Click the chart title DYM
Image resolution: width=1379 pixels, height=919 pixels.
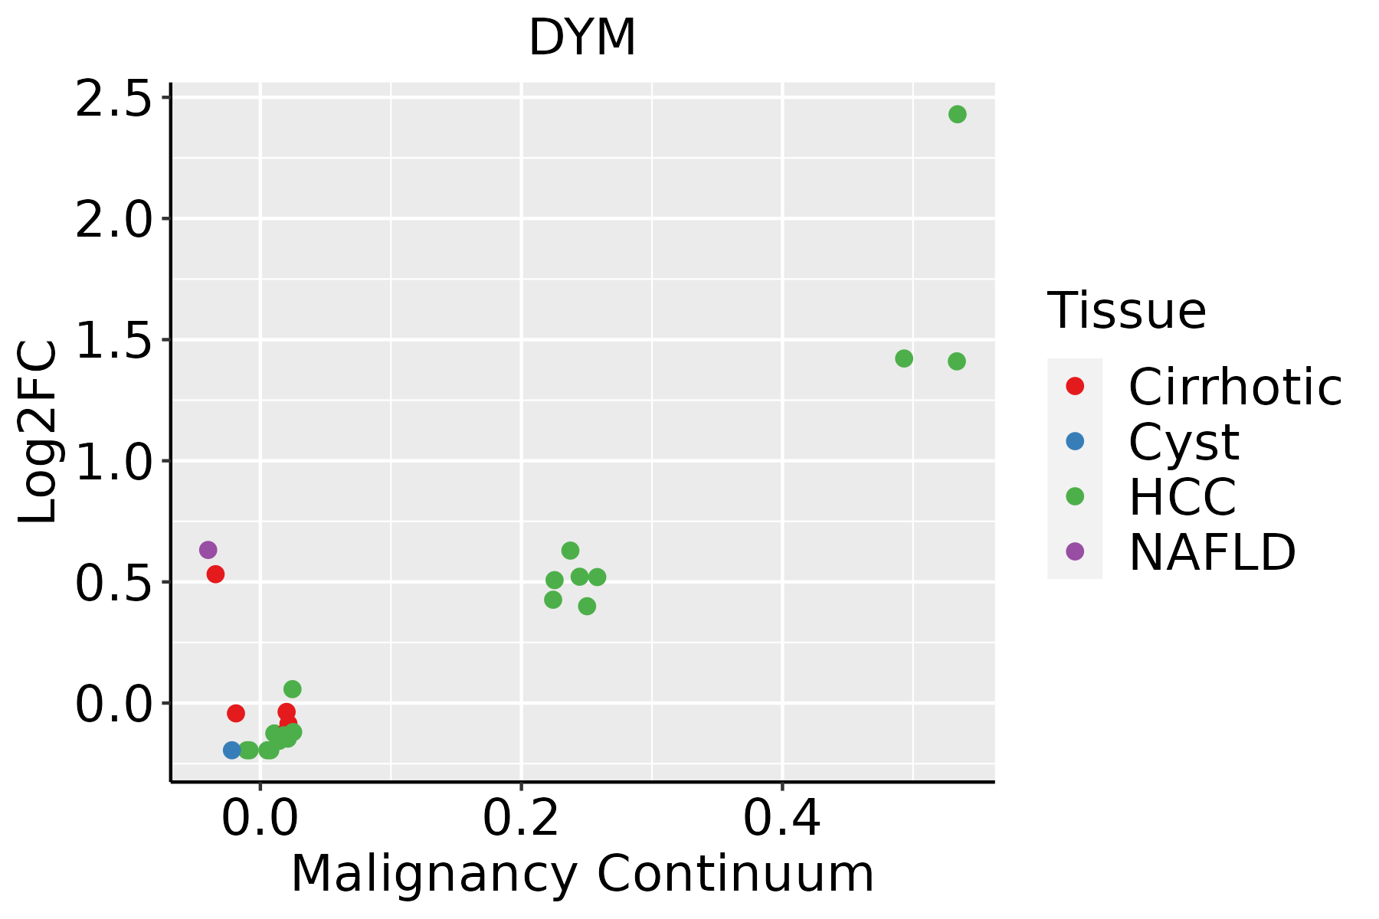[582, 38]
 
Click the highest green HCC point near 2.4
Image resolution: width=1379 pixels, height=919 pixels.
[957, 114]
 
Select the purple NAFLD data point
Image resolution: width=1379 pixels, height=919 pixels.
[208, 550]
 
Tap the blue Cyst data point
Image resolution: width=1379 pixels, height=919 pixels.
[232, 750]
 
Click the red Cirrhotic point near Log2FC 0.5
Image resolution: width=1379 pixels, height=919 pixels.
[215, 574]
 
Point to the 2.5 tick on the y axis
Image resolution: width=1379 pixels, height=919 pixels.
[113, 99]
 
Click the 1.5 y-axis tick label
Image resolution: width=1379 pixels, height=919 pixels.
[113, 340]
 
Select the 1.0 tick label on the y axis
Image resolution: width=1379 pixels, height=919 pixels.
[113, 461]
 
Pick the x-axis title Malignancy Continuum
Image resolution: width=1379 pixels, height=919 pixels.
[582, 875]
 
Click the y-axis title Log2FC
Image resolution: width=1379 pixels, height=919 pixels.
[38, 432]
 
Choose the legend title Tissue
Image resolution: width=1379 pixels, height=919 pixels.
[1127, 311]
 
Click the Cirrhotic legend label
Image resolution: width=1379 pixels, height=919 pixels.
[1235, 387]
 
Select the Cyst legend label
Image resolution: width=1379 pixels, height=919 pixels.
[1184, 442]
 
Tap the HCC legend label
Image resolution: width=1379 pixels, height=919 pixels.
[1182, 497]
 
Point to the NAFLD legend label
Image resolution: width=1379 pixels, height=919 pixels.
[1212, 551]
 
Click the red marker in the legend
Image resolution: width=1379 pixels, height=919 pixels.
[1075, 386]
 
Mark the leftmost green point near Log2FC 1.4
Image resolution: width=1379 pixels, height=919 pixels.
[904, 358]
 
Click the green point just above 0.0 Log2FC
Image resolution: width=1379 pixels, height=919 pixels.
[292, 689]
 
